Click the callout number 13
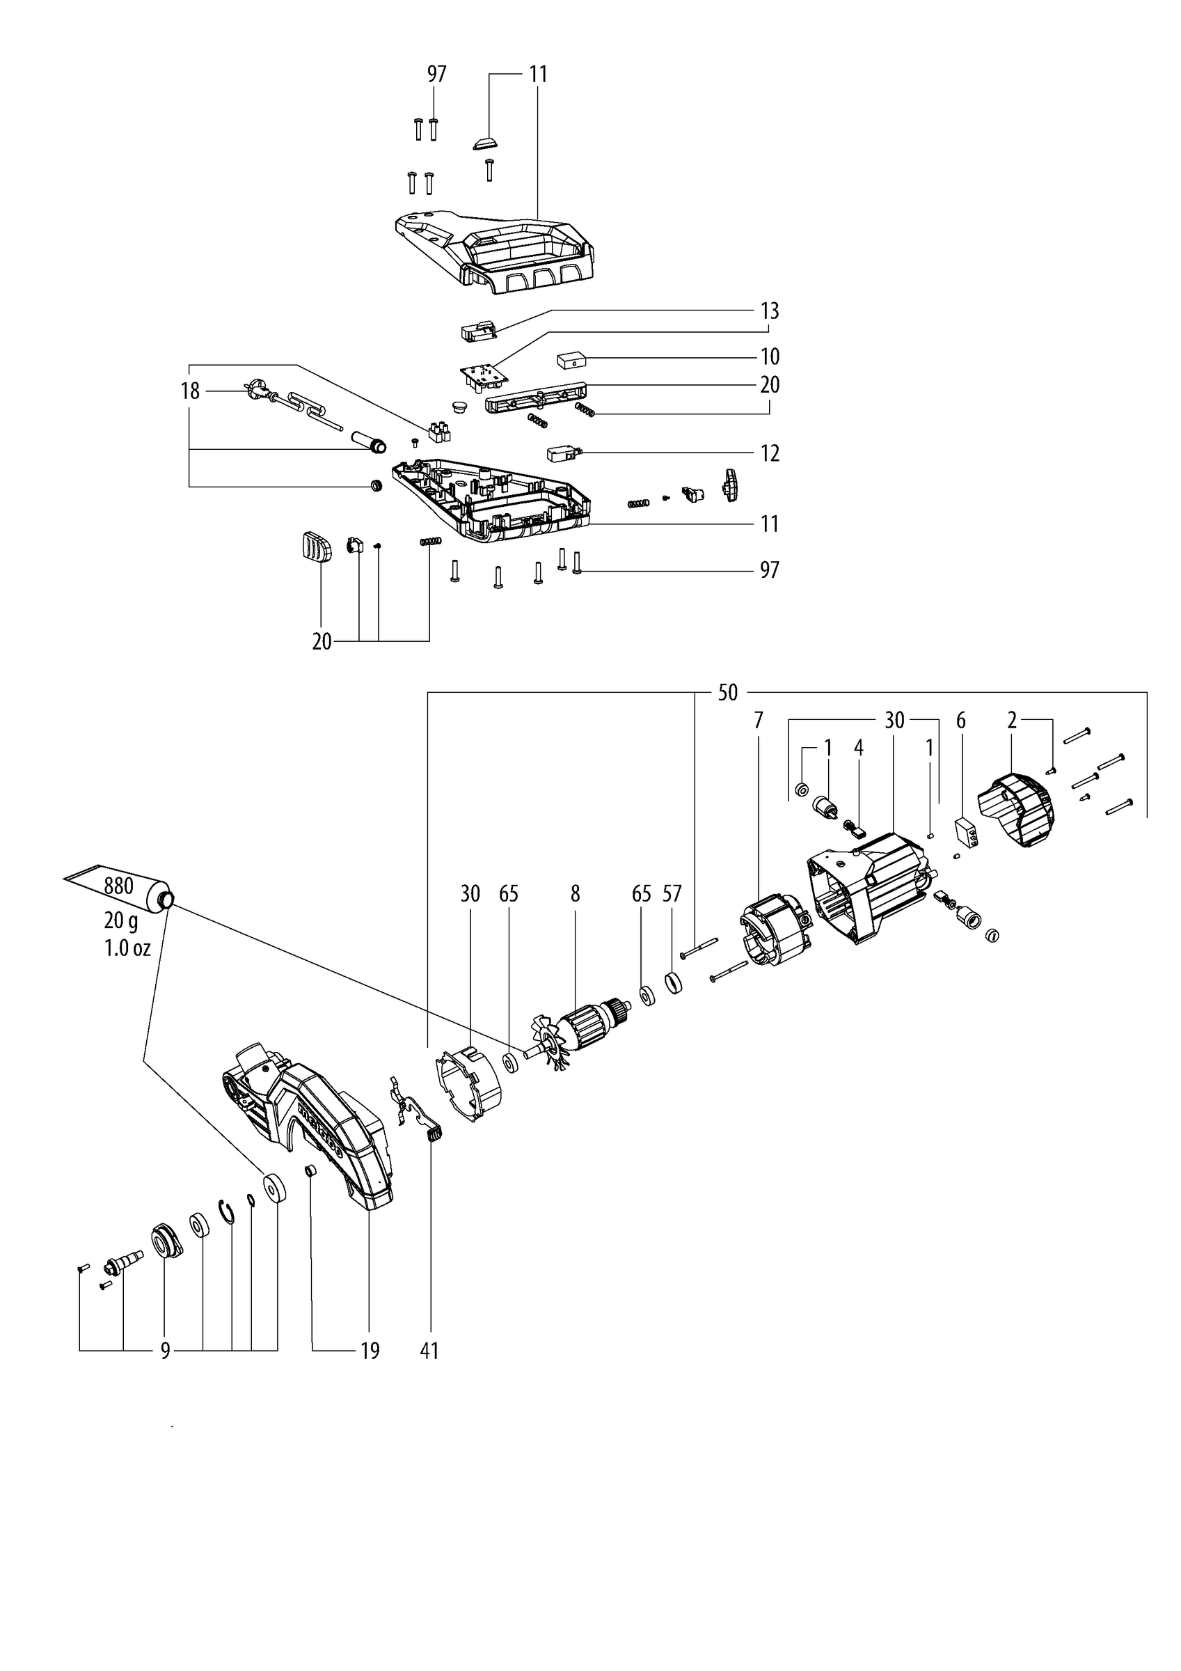[769, 311]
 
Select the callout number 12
[769, 453]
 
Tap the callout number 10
[769, 356]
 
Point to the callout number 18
[190, 391]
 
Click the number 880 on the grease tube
[118, 886]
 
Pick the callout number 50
[728, 692]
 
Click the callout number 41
[429, 1351]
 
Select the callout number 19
[370, 1351]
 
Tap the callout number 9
[165, 1351]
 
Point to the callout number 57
[672, 894]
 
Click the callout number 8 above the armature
[575, 894]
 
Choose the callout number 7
[759, 721]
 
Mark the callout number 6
[960, 721]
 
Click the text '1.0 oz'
[127, 948]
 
